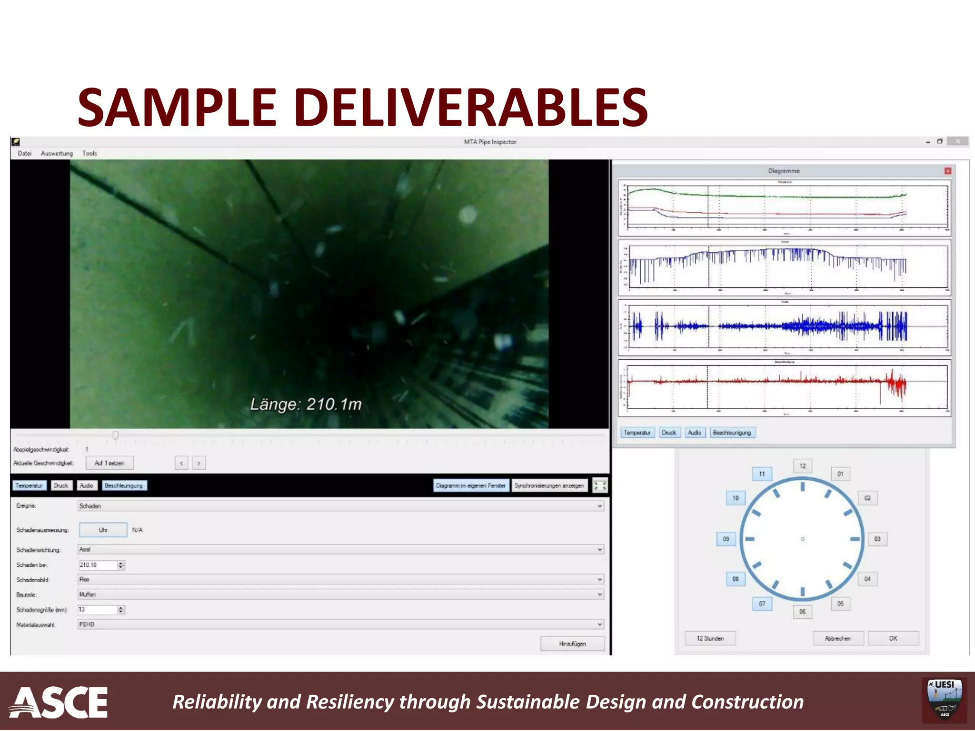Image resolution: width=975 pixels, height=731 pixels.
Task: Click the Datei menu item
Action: tap(24, 153)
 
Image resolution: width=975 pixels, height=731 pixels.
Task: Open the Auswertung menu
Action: tap(57, 153)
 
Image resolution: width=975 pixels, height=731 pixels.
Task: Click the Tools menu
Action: tap(90, 153)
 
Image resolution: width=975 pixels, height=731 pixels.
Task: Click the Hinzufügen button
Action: tap(572, 643)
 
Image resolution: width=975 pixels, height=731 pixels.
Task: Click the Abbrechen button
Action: tap(837, 638)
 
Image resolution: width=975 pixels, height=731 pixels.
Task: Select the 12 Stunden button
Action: tap(710, 638)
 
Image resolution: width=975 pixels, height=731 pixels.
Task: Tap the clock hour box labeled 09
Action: tap(726, 539)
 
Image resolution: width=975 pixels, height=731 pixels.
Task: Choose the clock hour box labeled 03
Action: tap(877, 539)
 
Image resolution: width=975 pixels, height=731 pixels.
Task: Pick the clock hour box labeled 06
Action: tap(802, 612)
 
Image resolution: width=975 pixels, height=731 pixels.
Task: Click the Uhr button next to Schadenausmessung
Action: tap(103, 530)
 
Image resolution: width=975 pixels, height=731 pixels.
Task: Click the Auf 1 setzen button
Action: tap(109, 463)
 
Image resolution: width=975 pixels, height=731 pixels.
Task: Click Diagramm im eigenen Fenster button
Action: tap(470, 485)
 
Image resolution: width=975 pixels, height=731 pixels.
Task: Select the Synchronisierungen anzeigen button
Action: tap(549, 485)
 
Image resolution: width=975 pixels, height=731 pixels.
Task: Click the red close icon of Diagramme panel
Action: tap(947, 171)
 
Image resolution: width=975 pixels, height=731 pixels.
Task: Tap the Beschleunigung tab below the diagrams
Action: tap(732, 433)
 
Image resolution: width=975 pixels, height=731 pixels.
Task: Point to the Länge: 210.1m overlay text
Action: tap(306, 404)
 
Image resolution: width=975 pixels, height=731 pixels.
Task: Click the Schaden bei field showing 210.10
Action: tap(97, 565)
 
